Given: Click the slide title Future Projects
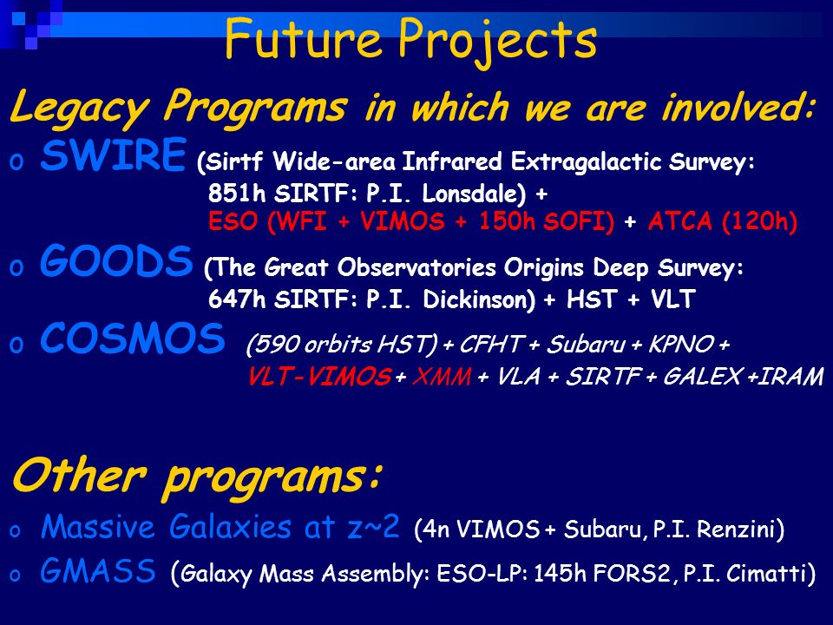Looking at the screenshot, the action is click(410, 41).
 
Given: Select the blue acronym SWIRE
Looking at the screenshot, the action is click(113, 155).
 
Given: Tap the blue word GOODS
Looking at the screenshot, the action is click(116, 261).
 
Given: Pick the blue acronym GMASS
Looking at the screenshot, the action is click(98, 571).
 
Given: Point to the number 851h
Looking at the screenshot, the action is click(237, 194).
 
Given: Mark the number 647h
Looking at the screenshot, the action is click(237, 299).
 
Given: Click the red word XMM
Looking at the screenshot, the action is click(442, 377).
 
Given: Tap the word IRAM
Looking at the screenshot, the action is click(790, 377).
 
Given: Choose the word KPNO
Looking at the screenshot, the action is click(681, 345).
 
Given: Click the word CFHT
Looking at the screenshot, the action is click(492, 345).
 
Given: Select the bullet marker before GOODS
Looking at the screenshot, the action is click(16, 268).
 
